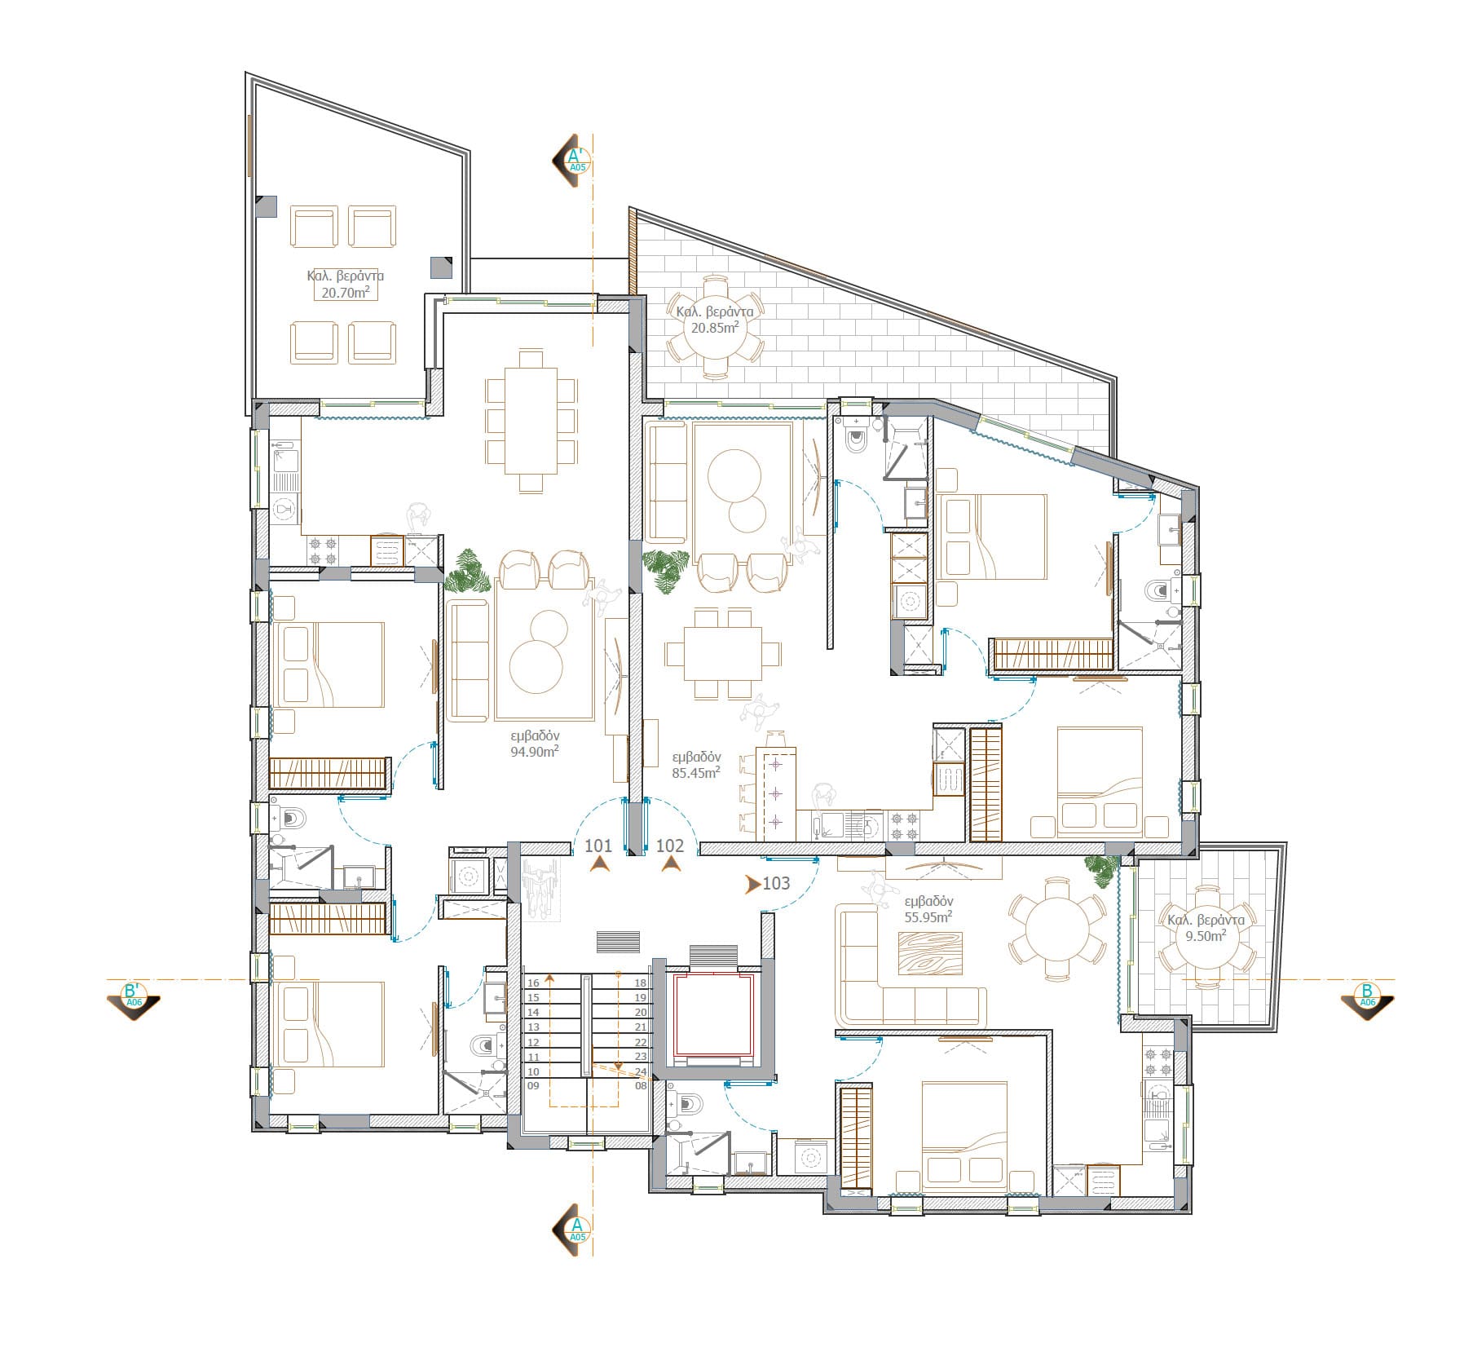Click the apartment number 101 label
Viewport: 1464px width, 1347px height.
click(598, 846)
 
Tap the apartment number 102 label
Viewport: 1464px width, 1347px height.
click(670, 846)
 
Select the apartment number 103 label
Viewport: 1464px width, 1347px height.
click(776, 883)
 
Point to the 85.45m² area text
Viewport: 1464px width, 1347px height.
click(695, 772)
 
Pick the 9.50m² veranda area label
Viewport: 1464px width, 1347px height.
click(1206, 936)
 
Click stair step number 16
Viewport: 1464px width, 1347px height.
click(534, 983)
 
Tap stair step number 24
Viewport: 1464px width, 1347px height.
click(640, 1071)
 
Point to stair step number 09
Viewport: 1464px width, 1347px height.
click(534, 1086)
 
